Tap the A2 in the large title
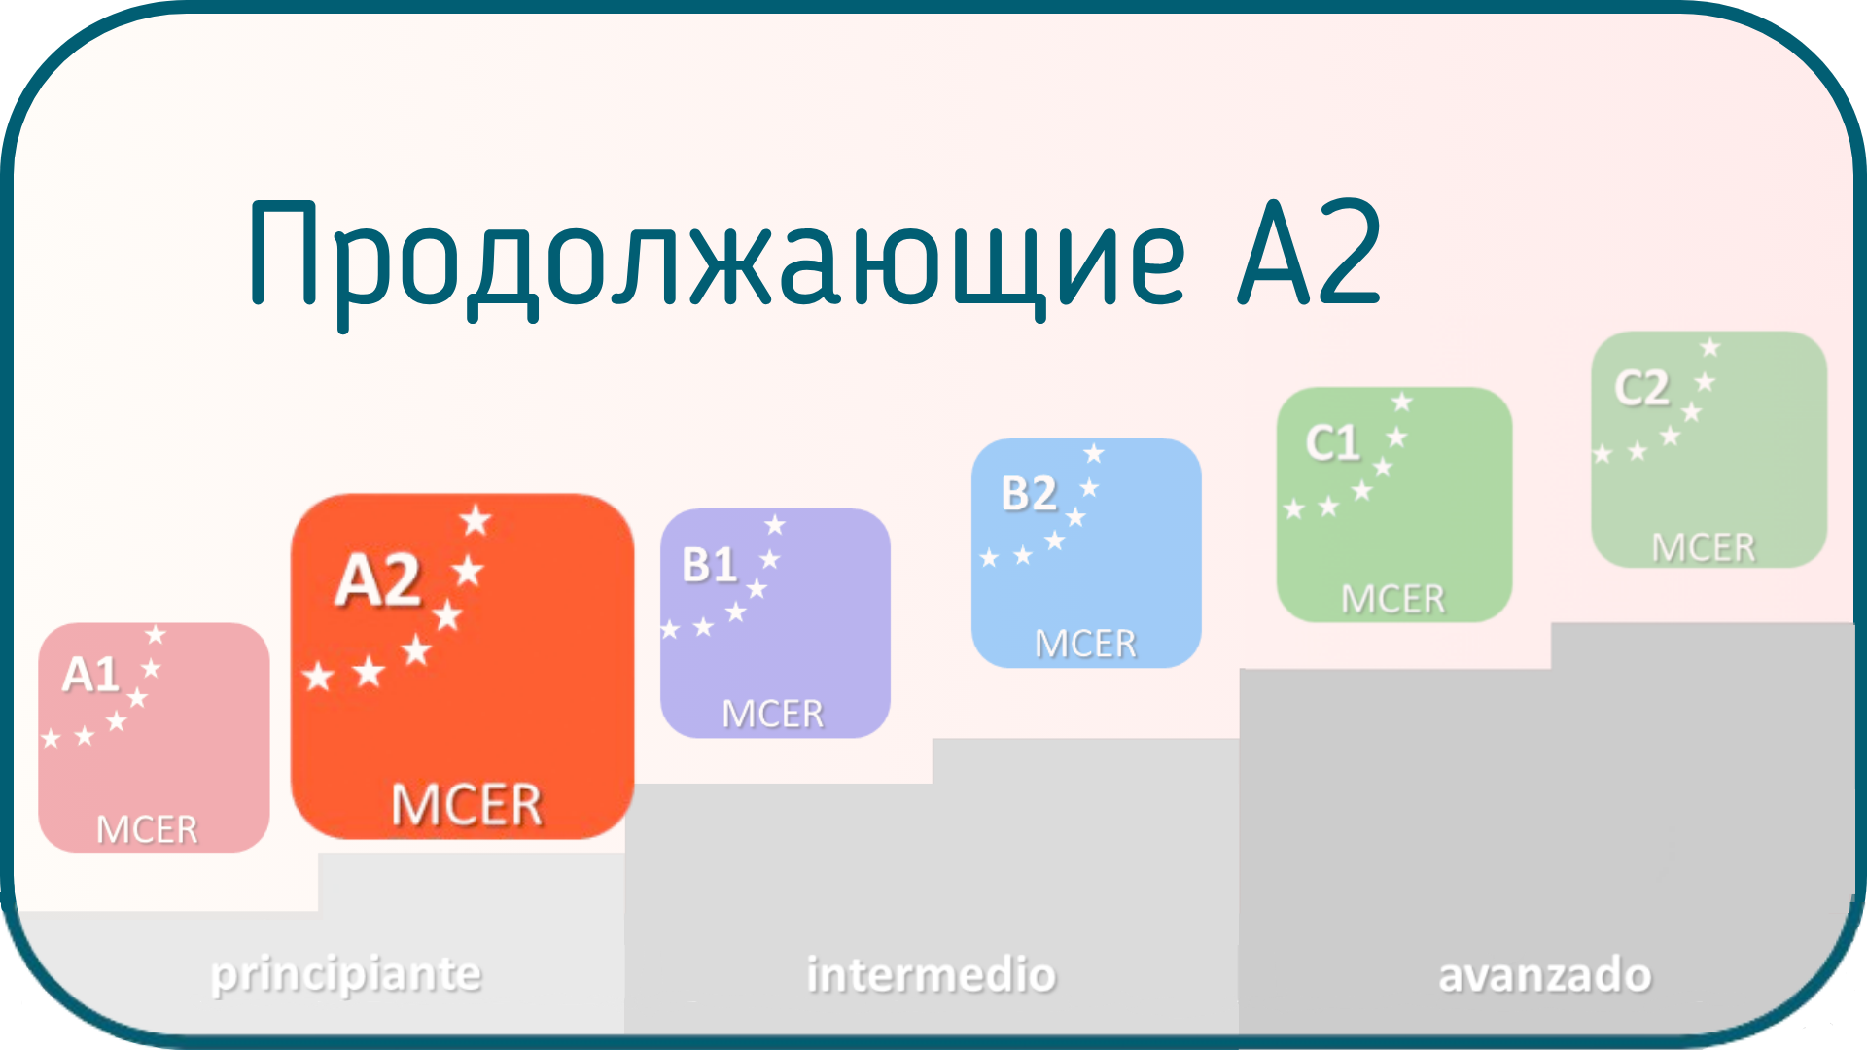coord(1310,252)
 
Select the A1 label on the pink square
coord(90,675)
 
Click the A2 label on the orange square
coord(378,580)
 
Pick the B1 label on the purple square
coord(710,565)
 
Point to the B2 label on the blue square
coord(1029,494)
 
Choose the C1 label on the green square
coord(1333,443)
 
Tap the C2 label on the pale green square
coord(1642,389)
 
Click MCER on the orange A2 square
coord(466,805)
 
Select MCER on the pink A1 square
coord(147,829)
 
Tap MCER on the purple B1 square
coord(772,715)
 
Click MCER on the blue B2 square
coord(1085,644)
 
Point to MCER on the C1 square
coord(1392,599)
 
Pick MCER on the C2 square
coord(1704,548)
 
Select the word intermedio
coord(932,974)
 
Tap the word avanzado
coord(1545,975)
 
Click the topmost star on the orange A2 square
coord(476,520)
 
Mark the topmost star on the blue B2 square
coord(1094,453)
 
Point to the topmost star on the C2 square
coord(1710,347)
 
